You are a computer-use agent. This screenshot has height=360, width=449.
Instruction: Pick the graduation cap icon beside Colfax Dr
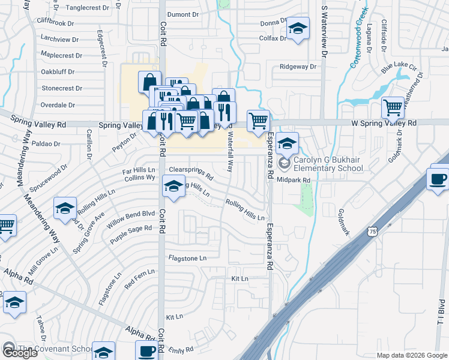pyautogui.click(x=297, y=29)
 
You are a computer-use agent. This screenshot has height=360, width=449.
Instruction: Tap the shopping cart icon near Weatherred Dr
pyautogui.click(x=393, y=109)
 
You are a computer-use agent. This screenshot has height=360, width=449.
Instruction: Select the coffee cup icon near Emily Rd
pyautogui.click(x=147, y=352)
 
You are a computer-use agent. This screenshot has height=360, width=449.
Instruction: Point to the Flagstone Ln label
pyautogui.click(x=187, y=258)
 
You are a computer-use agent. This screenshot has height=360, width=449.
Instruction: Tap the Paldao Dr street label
pyautogui.click(x=47, y=144)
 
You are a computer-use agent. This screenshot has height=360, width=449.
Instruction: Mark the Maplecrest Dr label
pyautogui.click(x=61, y=55)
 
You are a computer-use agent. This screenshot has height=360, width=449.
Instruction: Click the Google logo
pyautogui.click(x=19, y=353)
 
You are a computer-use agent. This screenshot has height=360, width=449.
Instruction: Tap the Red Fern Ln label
pyautogui.click(x=139, y=277)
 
